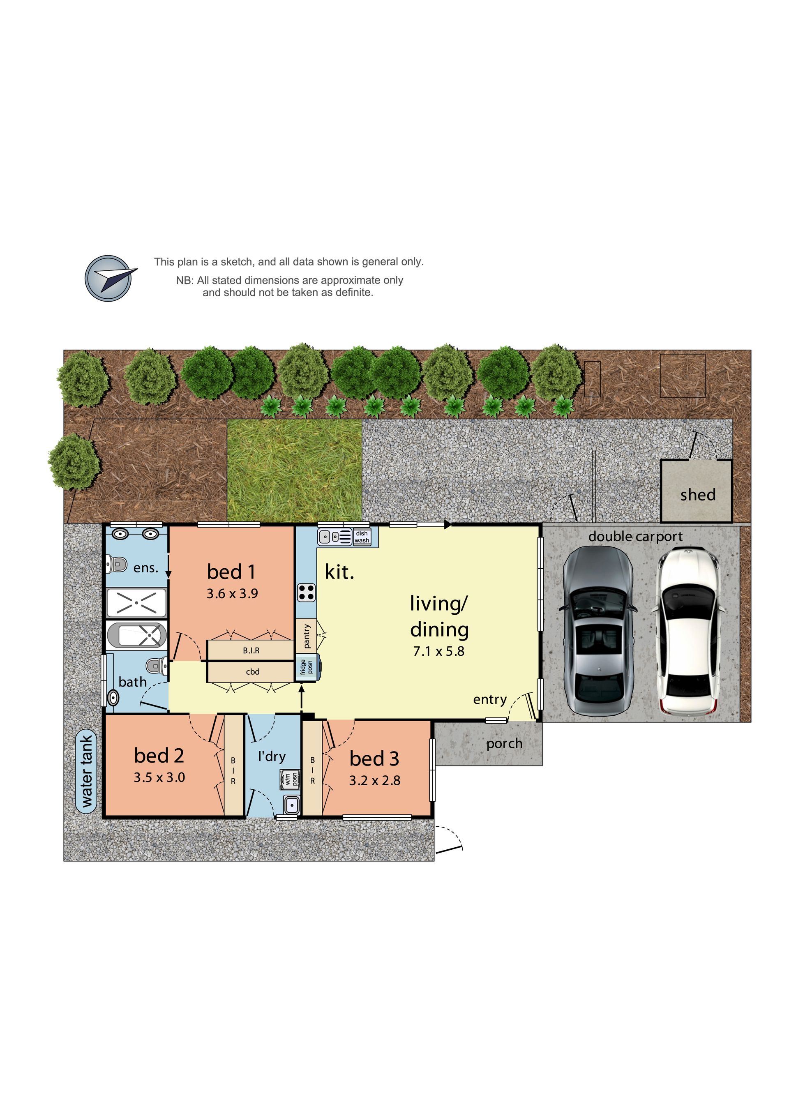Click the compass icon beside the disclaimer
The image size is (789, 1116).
(x=109, y=278)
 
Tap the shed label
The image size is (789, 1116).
(x=698, y=495)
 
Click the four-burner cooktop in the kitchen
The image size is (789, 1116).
(x=306, y=593)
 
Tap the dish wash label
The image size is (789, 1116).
(x=362, y=537)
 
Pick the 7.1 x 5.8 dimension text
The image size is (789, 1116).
(x=438, y=651)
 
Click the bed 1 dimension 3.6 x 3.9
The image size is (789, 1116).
(x=232, y=593)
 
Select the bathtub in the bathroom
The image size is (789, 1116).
(x=136, y=635)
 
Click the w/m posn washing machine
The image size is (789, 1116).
(x=289, y=779)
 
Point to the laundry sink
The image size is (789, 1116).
(x=291, y=805)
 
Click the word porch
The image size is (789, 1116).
(x=504, y=744)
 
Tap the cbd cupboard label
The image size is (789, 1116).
(x=252, y=672)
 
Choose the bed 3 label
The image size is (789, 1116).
(x=374, y=758)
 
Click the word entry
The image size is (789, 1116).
(x=489, y=700)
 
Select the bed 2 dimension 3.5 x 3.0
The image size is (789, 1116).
(x=159, y=777)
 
